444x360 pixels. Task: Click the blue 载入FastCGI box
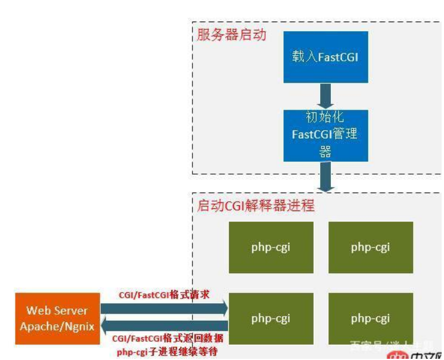[x=326, y=57]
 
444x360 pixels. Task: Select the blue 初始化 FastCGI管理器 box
[x=326, y=134]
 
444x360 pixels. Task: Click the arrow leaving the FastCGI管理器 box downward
[x=326, y=176]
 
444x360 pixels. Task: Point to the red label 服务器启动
[x=232, y=35]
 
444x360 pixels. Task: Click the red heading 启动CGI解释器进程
[x=256, y=206]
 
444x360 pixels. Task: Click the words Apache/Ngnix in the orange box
[x=57, y=326]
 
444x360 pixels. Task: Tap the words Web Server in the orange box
[x=57, y=311]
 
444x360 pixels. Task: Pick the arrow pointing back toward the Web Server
[x=164, y=325]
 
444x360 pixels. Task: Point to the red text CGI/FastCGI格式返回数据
[x=167, y=339]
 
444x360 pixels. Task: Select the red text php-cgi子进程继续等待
[x=167, y=352]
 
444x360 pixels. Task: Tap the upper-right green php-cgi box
[x=370, y=247]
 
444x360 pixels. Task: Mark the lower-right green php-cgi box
[x=370, y=318]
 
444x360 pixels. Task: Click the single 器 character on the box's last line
[x=325, y=152]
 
